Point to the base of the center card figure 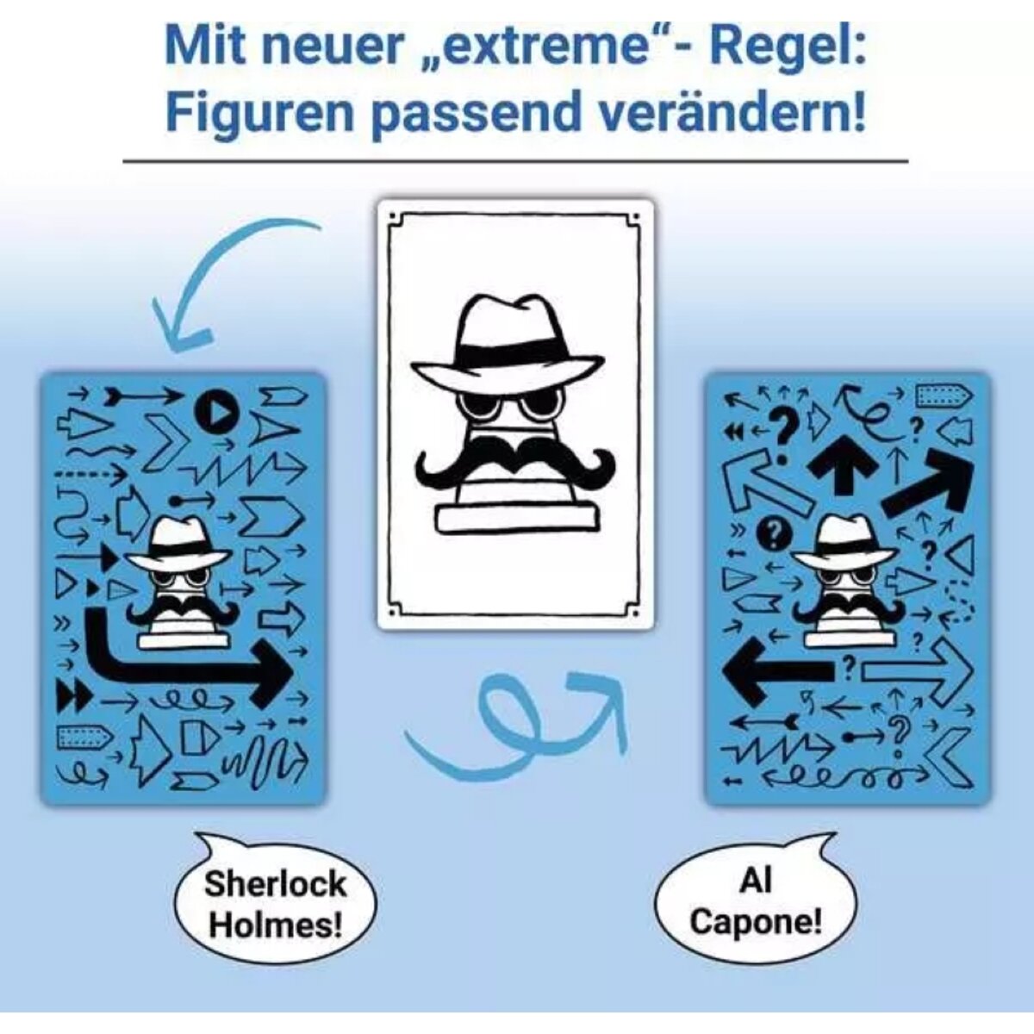[x=515, y=517]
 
